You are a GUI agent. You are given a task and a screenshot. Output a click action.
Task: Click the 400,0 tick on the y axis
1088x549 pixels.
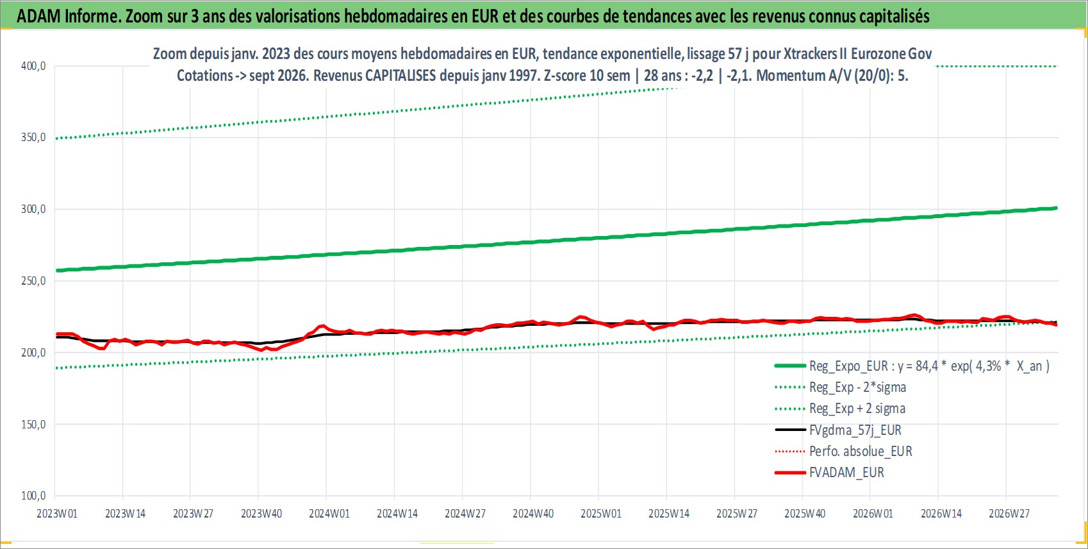point(33,66)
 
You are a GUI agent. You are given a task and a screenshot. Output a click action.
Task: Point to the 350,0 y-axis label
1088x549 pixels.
point(33,138)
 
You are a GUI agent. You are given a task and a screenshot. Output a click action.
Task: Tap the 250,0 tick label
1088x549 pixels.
point(33,281)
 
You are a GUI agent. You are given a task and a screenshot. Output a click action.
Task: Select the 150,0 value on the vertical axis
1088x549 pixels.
point(33,425)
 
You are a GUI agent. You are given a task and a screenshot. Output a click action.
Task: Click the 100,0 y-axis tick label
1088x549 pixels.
point(33,496)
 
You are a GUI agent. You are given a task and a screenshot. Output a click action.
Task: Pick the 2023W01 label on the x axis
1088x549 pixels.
point(57,514)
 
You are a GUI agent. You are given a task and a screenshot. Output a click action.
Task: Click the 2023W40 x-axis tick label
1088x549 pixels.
point(261,514)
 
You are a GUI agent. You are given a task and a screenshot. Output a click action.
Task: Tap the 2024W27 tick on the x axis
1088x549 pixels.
point(465,514)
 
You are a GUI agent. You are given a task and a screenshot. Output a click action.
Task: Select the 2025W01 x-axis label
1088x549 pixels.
point(601,514)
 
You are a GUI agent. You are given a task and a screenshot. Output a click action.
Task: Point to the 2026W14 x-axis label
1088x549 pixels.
point(941,514)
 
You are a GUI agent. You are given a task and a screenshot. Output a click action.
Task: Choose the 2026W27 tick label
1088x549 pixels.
point(1009,514)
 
